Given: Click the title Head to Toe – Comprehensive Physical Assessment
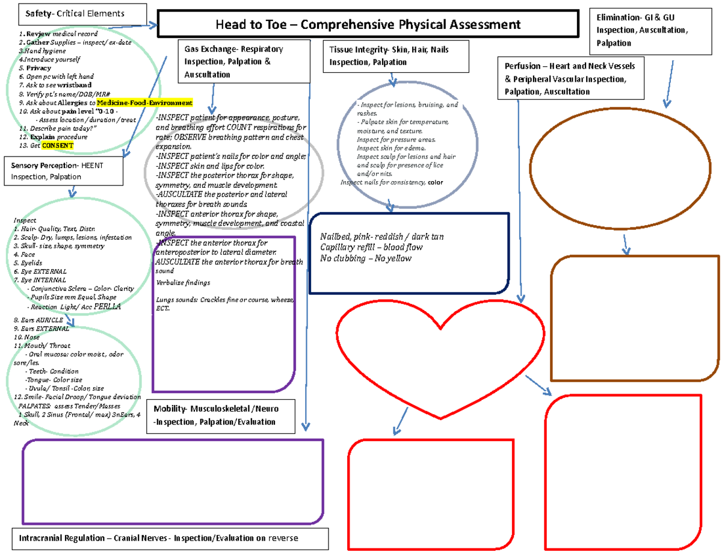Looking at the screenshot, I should [x=367, y=25].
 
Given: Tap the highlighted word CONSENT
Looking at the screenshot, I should [x=58, y=146].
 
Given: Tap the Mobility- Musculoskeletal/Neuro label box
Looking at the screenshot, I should [x=221, y=415].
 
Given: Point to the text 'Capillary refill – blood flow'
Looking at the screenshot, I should [x=371, y=247].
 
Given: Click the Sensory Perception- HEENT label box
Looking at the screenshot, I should [x=65, y=170].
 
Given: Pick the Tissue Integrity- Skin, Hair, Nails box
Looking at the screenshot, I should [x=394, y=56].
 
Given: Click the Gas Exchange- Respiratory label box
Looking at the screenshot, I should [x=244, y=61].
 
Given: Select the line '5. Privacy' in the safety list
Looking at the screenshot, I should [x=35, y=68].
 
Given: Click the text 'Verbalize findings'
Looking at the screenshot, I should [x=183, y=282].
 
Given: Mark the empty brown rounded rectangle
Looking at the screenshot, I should [x=635, y=318].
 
